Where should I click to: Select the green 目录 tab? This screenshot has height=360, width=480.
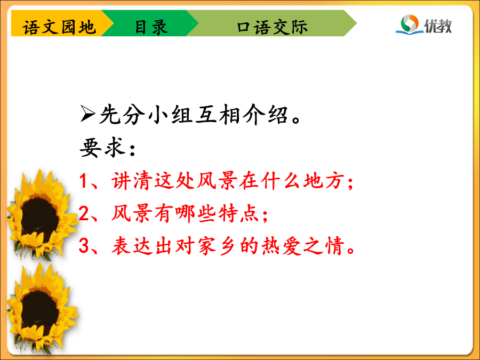coord(150,23)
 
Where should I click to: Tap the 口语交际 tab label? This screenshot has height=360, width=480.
coord(272,27)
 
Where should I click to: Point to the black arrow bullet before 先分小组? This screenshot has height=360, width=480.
coord(87,114)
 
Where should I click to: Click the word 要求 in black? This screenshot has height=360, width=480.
coord(103,148)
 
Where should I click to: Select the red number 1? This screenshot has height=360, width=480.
coord(84,181)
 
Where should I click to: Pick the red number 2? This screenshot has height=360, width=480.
coord(84,213)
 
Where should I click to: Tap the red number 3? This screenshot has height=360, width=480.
coord(84,245)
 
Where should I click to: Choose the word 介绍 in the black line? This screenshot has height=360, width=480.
coord(266,114)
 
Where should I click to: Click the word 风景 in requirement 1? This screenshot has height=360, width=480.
coord(218,180)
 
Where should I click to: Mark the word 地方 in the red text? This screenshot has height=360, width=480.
coord(323,180)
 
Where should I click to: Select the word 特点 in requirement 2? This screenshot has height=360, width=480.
coord(239,213)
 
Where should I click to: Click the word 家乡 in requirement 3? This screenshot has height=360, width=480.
coord(218,245)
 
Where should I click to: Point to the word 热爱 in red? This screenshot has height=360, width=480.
coord(282,245)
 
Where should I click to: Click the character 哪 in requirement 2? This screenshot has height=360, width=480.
coord(186,213)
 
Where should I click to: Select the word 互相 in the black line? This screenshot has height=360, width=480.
coord(218,114)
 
